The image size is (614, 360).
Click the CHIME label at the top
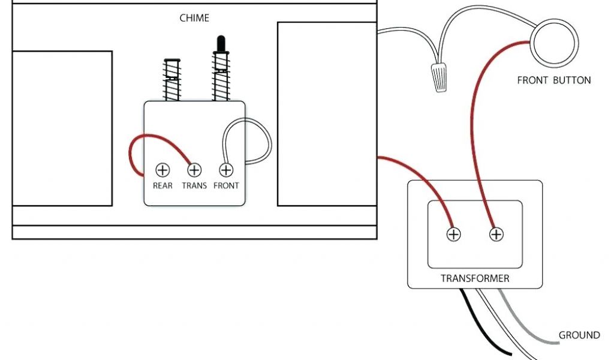coord(194,18)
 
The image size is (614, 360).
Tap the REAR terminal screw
coord(162,170)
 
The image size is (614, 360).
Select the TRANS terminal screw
coord(194,170)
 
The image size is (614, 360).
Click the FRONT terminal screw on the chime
coord(226,170)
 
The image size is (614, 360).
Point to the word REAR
coord(162,186)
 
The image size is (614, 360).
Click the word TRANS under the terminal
coord(194,186)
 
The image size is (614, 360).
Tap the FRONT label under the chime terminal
coord(226,186)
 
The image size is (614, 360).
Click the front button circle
coord(553,44)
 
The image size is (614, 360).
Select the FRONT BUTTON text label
coord(553,80)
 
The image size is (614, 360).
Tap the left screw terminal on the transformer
coord(454,235)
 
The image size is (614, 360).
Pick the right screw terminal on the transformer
coord(496,235)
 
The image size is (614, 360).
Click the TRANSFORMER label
coord(475,278)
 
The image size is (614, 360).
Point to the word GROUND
coord(579,335)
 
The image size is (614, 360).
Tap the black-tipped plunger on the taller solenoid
coord(220,44)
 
